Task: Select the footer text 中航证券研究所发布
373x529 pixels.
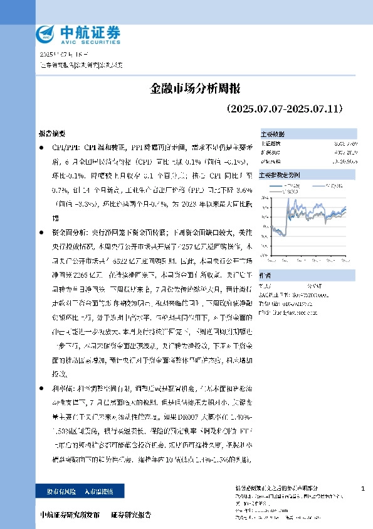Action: click(70, 515)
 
